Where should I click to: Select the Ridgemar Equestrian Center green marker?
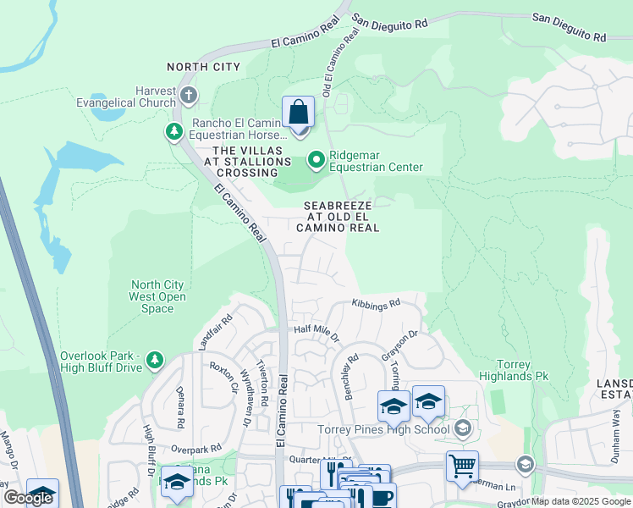point(316,159)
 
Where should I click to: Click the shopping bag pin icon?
point(298,113)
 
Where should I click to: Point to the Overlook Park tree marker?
point(154,361)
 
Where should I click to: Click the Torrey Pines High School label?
point(383,429)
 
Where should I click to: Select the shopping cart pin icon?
point(462,467)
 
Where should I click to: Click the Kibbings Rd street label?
point(376,303)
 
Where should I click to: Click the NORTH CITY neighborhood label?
point(203,67)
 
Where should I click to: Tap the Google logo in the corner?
point(28,498)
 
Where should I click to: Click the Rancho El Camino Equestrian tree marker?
point(173,131)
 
